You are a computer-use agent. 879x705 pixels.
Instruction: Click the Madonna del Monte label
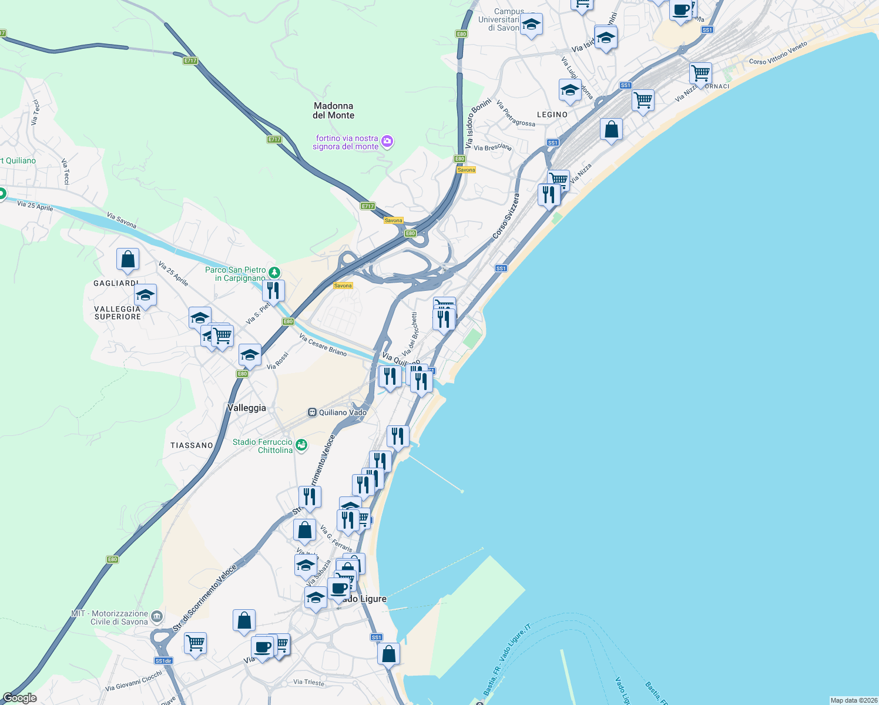[x=333, y=110]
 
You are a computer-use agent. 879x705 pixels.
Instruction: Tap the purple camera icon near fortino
[x=387, y=141]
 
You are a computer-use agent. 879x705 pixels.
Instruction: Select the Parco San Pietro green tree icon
[x=274, y=273]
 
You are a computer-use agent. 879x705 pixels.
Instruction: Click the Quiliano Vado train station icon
[x=312, y=412]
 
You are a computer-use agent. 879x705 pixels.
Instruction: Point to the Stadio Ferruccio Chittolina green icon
[x=301, y=445]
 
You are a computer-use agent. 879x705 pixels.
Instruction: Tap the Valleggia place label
[x=247, y=408]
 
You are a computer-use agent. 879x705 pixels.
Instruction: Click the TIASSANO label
[x=192, y=445]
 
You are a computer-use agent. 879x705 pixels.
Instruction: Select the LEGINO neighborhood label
[x=552, y=115]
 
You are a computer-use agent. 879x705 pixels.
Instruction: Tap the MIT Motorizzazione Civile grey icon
[x=156, y=616]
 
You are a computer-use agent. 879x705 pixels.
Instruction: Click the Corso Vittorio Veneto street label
[x=778, y=53]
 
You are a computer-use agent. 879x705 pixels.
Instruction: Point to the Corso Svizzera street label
[x=506, y=217]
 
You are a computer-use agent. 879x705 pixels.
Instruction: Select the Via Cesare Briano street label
[x=323, y=345]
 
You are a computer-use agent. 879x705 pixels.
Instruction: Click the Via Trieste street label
[x=308, y=682]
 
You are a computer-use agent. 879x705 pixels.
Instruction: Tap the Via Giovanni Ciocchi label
[x=133, y=681]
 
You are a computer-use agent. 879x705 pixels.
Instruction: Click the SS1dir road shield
[x=163, y=661]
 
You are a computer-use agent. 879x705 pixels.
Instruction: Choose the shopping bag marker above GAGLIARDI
[x=128, y=259]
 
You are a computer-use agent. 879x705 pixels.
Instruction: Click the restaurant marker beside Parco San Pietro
[x=273, y=290]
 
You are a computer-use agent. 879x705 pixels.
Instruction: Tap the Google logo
[x=20, y=698]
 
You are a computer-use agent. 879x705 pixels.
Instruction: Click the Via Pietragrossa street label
[x=515, y=113]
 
